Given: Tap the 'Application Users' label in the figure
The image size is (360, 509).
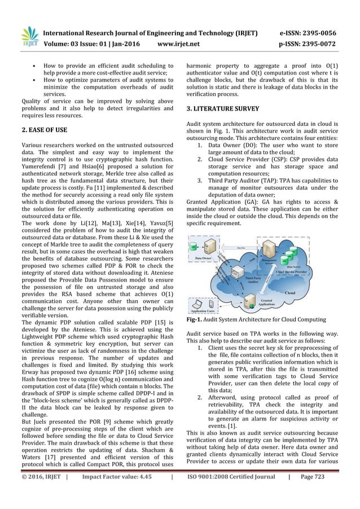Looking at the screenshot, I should pos(205,310).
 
